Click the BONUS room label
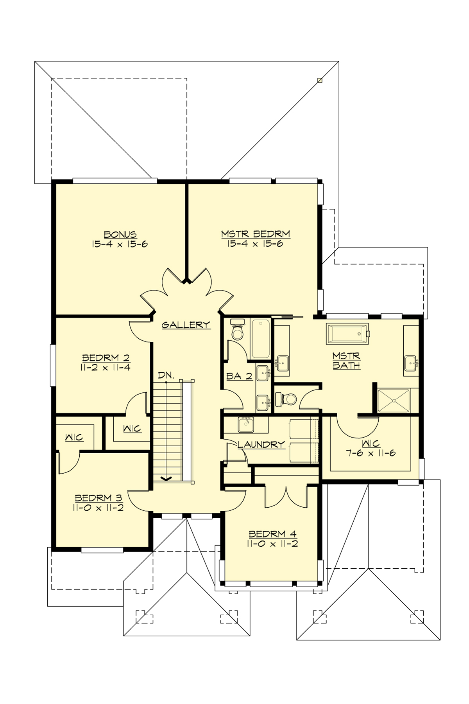pyautogui.click(x=120, y=235)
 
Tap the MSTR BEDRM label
pyautogui.click(x=256, y=234)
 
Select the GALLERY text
pyautogui.click(x=186, y=325)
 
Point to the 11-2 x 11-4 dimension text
pyautogui.click(x=106, y=367)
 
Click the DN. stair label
pyautogui.click(x=166, y=375)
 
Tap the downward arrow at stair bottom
pyautogui.click(x=167, y=478)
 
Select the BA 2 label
pyautogui.click(x=239, y=376)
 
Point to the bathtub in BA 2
pyautogui.click(x=261, y=339)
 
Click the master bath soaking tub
pyautogui.click(x=347, y=334)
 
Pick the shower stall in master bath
pyautogui.click(x=394, y=400)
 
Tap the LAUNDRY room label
pyautogui.click(x=261, y=444)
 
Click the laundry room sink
pyautogui.click(x=246, y=424)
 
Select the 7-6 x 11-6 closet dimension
pyautogui.click(x=371, y=453)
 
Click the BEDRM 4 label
pyautogui.click(x=272, y=534)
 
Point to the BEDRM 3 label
pyautogui.click(x=98, y=498)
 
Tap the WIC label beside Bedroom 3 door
pyautogui.click(x=74, y=437)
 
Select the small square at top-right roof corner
pyautogui.click(x=320, y=81)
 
